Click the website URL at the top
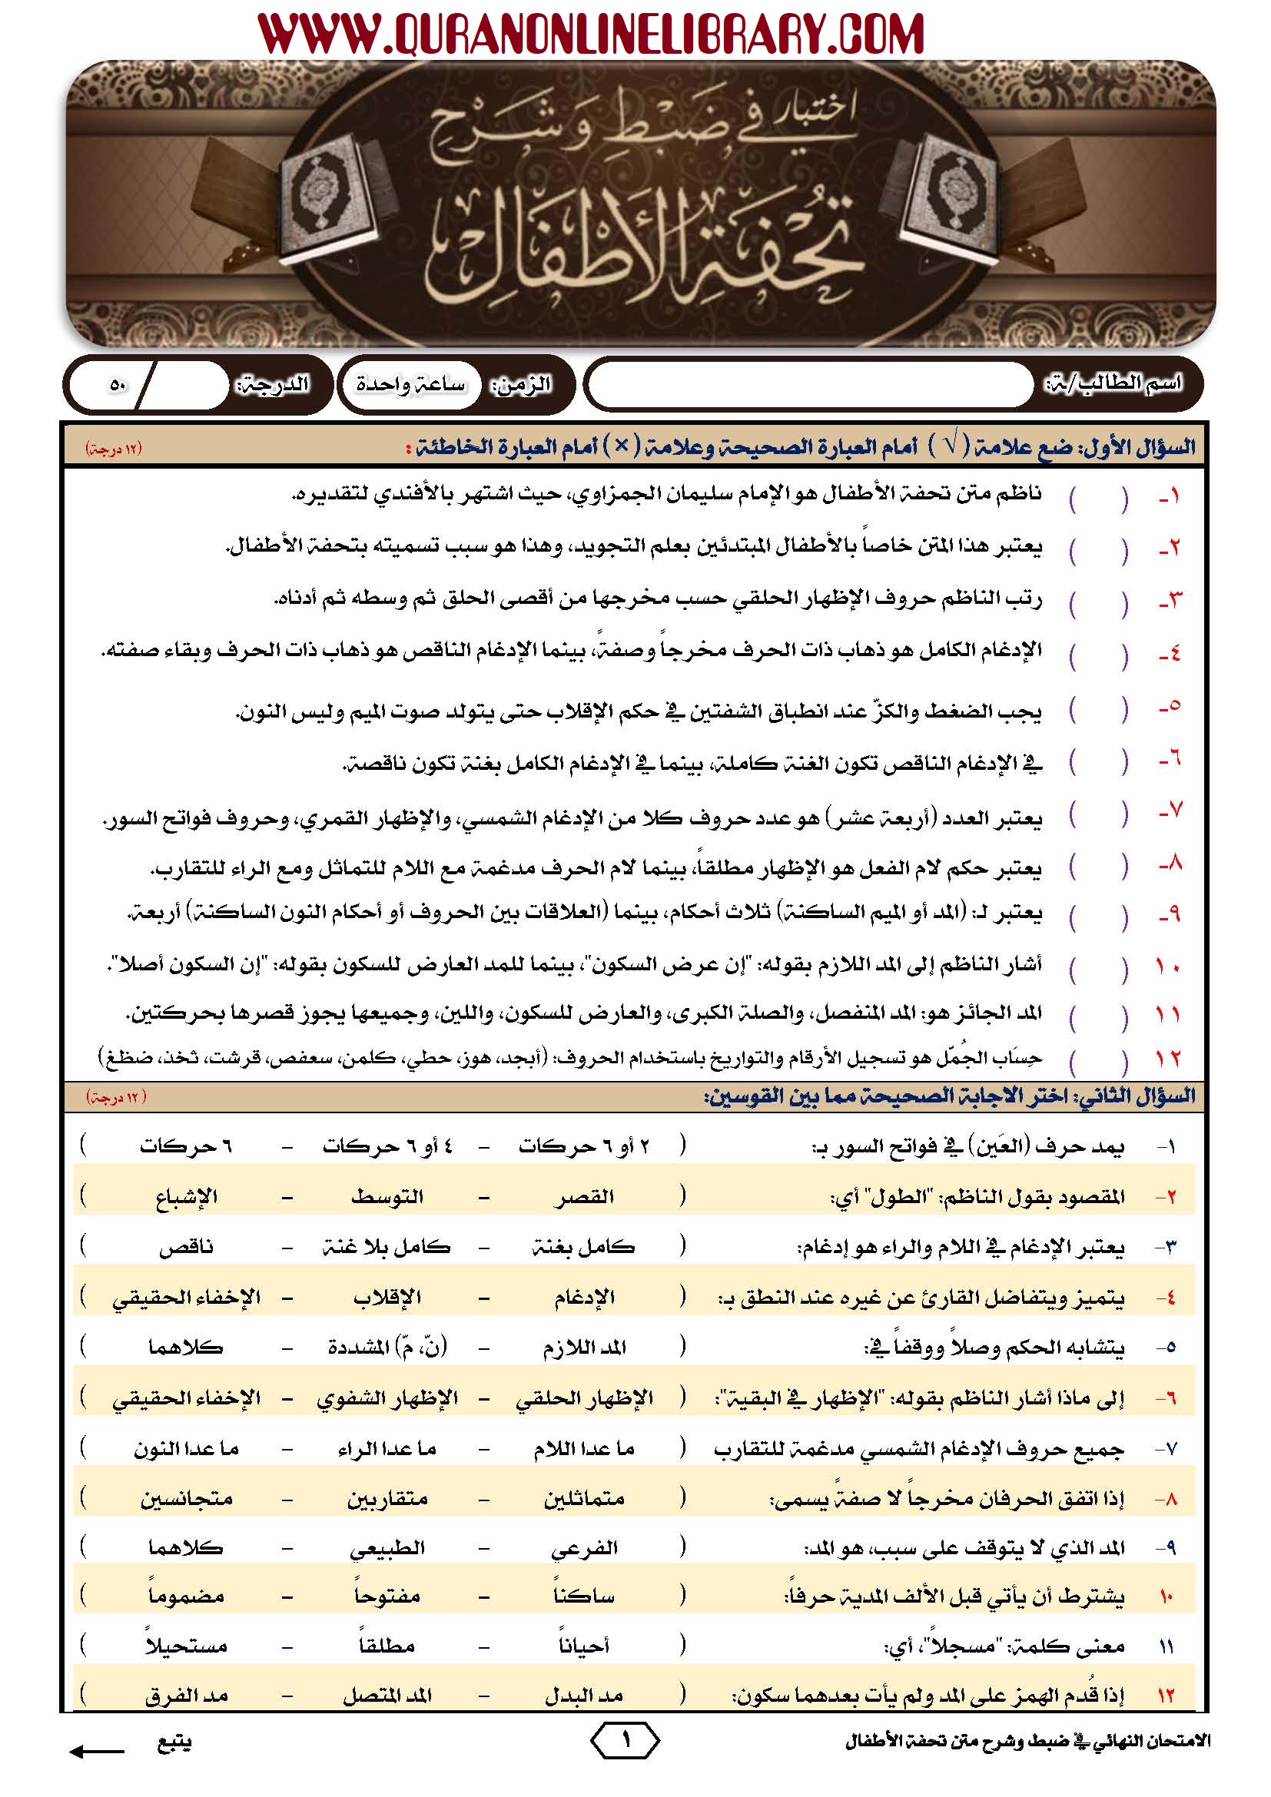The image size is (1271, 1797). pyautogui.click(x=591, y=35)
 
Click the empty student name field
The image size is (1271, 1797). pyautogui.click(x=810, y=385)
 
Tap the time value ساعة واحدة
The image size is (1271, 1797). pyautogui.click(x=410, y=384)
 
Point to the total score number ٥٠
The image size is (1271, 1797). pyautogui.click(x=118, y=385)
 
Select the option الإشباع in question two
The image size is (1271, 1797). pyautogui.click(x=185, y=1198)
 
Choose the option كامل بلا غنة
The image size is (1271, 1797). pyautogui.click(x=387, y=1248)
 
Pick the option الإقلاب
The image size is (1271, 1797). pyautogui.click(x=387, y=1298)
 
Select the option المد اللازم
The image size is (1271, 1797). pyautogui.click(x=584, y=1348)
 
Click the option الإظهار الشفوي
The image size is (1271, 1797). pyautogui.click(x=387, y=1398)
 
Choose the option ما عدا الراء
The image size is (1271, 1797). pyautogui.click(x=387, y=1449)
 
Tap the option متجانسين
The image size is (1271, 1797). pyautogui.click(x=185, y=1499)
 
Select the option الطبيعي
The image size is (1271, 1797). pyautogui.click(x=387, y=1548)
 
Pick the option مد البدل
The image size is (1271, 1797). pyautogui.click(x=584, y=1696)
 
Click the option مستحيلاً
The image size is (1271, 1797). pyautogui.click(x=185, y=1645)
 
